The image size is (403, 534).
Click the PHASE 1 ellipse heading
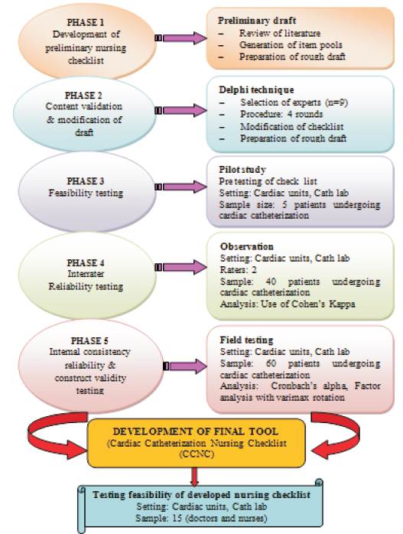click(85, 22)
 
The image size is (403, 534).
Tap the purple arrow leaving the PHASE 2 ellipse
click(180, 110)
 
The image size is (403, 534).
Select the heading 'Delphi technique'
click(256, 90)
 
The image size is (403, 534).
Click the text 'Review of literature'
click(279, 34)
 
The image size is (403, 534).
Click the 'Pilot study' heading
click(242, 170)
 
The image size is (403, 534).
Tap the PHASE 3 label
click(85, 181)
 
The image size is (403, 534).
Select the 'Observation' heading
click(246, 246)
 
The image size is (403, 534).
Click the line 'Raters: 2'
click(239, 270)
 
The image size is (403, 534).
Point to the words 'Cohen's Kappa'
click(324, 304)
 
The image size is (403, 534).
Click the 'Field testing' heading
click(246, 340)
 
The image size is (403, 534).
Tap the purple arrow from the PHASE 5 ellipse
click(185, 366)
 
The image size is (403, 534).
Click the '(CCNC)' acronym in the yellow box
click(197, 454)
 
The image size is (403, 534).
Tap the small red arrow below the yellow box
click(194, 477)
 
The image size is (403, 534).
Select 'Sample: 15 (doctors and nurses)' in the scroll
click(201, 519)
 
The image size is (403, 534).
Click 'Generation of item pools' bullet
click(291, 45)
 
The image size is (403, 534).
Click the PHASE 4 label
click(85, 263)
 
